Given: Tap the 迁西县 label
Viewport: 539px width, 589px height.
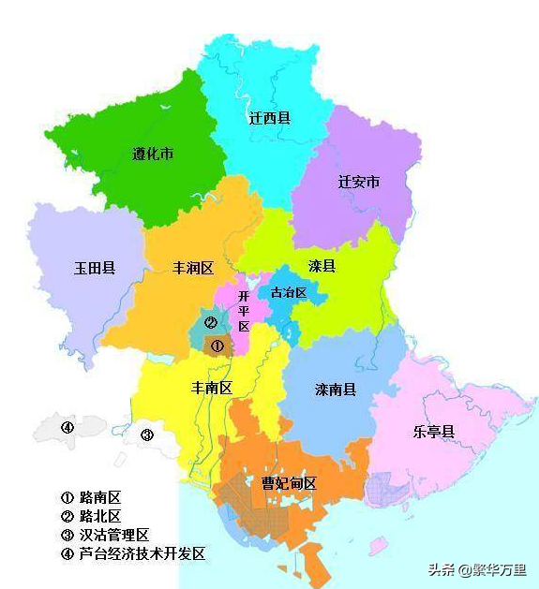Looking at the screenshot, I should tap(269, 119).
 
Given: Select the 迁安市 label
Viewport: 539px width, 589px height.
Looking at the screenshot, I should tap(359, 182).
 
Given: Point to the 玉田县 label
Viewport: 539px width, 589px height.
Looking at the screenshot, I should tap(95, 268).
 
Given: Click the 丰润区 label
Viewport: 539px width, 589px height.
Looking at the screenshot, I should tap(193, 268).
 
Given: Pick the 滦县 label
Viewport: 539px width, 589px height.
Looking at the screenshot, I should tap(323, 266).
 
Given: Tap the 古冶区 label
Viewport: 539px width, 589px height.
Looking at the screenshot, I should tap(289, 293).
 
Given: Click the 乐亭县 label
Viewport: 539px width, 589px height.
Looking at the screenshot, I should tap(434, 432).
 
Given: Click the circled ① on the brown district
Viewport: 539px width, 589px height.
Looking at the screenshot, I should tap(217, 346).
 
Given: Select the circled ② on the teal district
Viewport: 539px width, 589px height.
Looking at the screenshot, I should tap(211, 323).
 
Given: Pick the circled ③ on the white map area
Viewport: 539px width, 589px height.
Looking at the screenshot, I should tap(147, 434).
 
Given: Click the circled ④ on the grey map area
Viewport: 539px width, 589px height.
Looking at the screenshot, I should tap(67, 428).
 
